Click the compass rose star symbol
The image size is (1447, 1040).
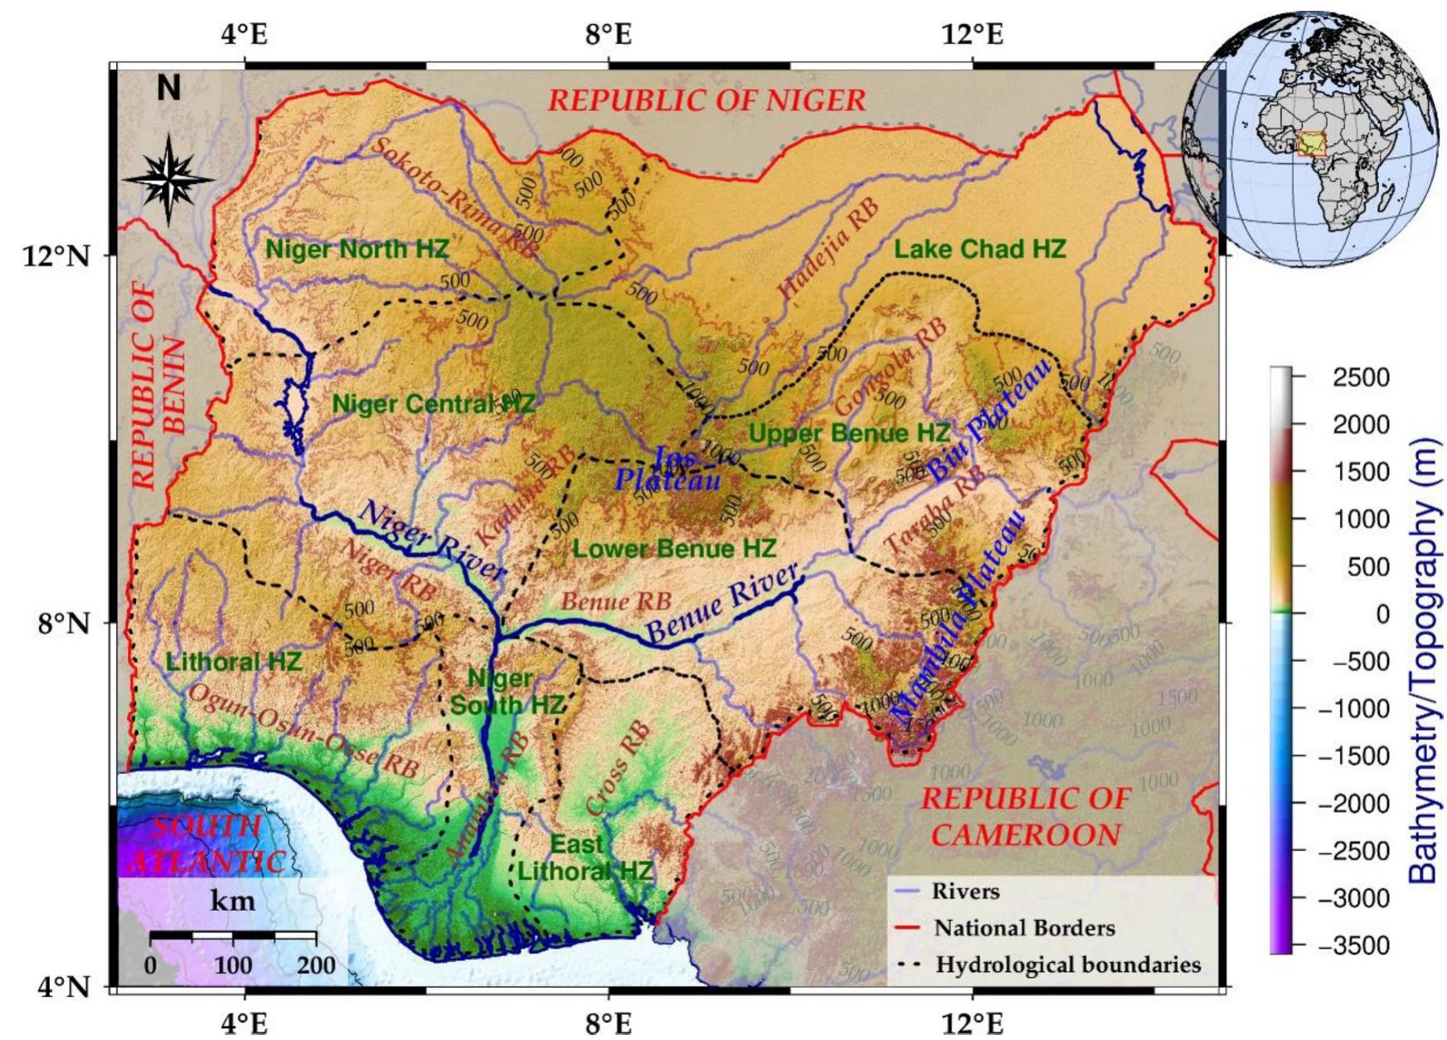[x=168, y=179]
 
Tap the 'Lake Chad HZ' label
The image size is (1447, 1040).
[x=979, y=249]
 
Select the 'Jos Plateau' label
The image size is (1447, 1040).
[x=668, y=469]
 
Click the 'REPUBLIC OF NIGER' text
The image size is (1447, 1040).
[x=707, y=100]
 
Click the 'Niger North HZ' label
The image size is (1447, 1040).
[x=357, y=248]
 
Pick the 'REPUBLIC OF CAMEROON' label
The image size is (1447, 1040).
[x=1026, y=816]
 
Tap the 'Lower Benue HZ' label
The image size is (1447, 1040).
[x=674, y=548]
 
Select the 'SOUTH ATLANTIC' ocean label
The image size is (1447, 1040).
[x=207, y=843]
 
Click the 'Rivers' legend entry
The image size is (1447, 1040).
[x=965, y=892]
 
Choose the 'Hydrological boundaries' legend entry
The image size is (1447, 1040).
[x=1068, y=965]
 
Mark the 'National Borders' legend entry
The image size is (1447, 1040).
[x=1024, y=928]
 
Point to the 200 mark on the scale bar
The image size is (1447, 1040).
[x=316, y=965]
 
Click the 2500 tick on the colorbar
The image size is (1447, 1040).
[x=1360, y=377]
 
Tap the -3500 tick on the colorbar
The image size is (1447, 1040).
[x=1360, y=945]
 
